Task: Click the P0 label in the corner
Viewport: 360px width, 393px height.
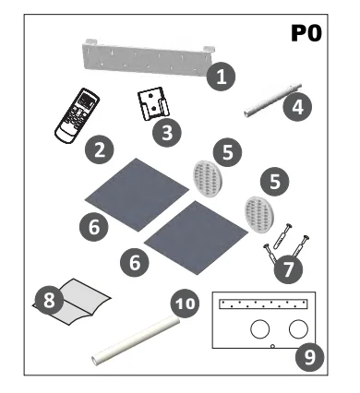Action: tap(307, 34)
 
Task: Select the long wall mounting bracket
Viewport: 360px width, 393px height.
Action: tap(148, 58)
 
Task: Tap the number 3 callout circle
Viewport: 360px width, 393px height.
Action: tap(166, 133)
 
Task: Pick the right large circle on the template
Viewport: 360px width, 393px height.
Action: tap(298, 327)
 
